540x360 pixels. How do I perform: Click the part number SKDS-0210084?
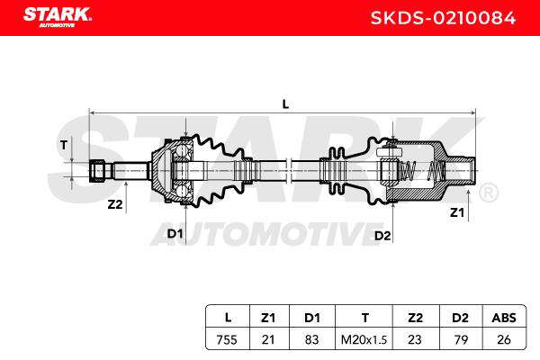[443, 18]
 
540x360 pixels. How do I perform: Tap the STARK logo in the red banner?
[58, 17]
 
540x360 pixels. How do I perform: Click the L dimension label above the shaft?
[285, 104]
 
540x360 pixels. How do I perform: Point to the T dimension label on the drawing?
[64, 145]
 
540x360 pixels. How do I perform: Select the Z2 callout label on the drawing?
[115, 204]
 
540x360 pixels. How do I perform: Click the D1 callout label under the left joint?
[175, 234]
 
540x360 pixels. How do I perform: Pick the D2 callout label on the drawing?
[382, 236]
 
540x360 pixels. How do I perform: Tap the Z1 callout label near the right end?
[457, 212]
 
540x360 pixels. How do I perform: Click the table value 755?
[227, 339]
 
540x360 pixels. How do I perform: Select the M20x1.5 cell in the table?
[364, 339]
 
